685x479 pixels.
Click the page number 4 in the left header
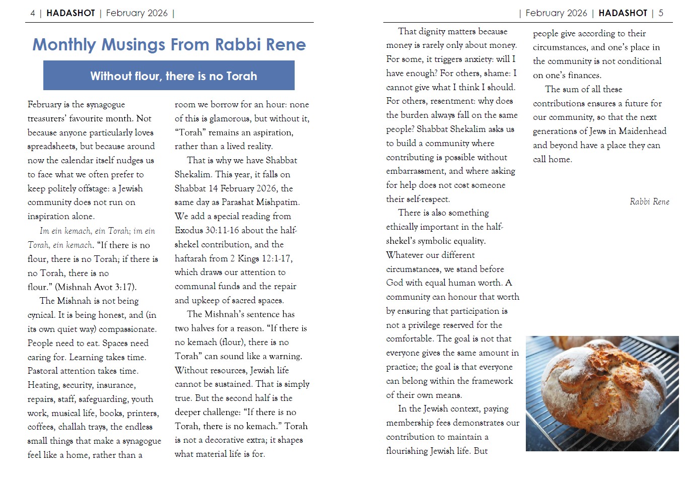point(33,13)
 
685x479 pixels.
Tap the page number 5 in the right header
point(661,13)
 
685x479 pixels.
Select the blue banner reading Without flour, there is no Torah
point(169,76)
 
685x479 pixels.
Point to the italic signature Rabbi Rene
point(649,201)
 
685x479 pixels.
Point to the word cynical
point(41,315)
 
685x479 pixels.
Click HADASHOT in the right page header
point(623,13)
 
